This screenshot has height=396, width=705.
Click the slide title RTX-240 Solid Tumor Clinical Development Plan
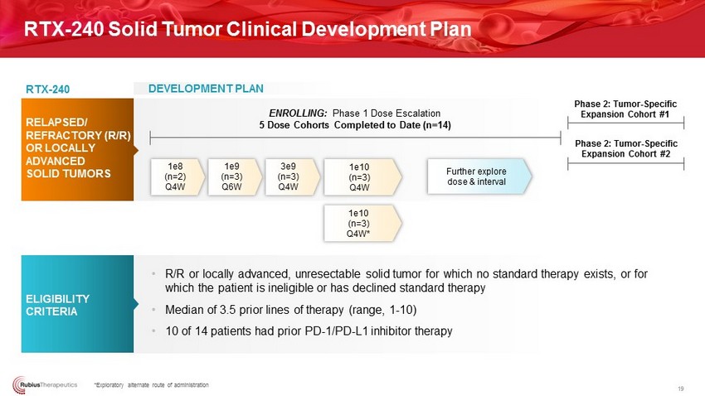[247, 29]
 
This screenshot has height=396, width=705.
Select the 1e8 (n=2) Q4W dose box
[177, 177]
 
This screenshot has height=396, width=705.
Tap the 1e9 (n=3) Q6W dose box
[234, 177]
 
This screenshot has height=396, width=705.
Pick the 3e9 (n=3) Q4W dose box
[292, 177]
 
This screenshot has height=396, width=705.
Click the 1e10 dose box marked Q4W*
[362, 224]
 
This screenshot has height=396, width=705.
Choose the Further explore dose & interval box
[479, 176]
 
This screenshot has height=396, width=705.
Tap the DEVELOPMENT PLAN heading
[206, 89]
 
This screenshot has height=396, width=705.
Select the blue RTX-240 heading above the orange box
[47, 89]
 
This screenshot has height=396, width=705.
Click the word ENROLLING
[298, 113]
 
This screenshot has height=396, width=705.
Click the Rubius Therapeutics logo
[45, 384]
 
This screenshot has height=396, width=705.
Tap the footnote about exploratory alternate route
[151, 384]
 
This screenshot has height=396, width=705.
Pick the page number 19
[681, 389]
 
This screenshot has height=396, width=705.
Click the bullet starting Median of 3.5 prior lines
[291, 310]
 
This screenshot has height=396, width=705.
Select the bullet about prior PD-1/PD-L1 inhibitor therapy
[309, 331]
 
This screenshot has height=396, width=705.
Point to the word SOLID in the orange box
[40, 174]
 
